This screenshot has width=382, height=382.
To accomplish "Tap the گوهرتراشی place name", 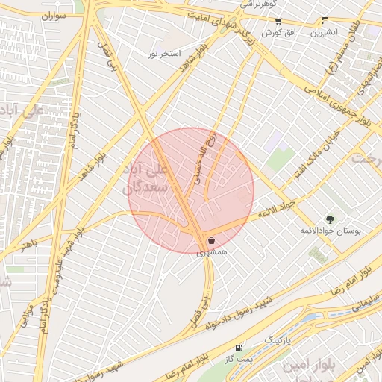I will point(259,4).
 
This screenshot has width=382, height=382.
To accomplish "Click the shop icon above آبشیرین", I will point(323,21).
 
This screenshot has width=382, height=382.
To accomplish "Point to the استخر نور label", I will point(165,54).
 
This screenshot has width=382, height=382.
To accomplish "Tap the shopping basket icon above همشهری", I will point(212,241).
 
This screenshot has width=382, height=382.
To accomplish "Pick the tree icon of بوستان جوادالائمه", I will point(330,219).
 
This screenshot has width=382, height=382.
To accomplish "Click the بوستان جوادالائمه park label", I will point(331,232).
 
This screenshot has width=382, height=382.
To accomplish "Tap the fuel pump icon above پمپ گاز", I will point(238,348).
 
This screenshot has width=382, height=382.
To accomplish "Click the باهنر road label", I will point(28,244).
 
